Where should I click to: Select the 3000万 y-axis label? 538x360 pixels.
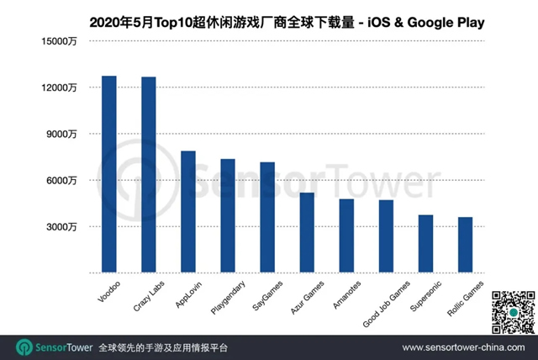point(62,227)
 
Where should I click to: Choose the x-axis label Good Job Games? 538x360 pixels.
point(372,300)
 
